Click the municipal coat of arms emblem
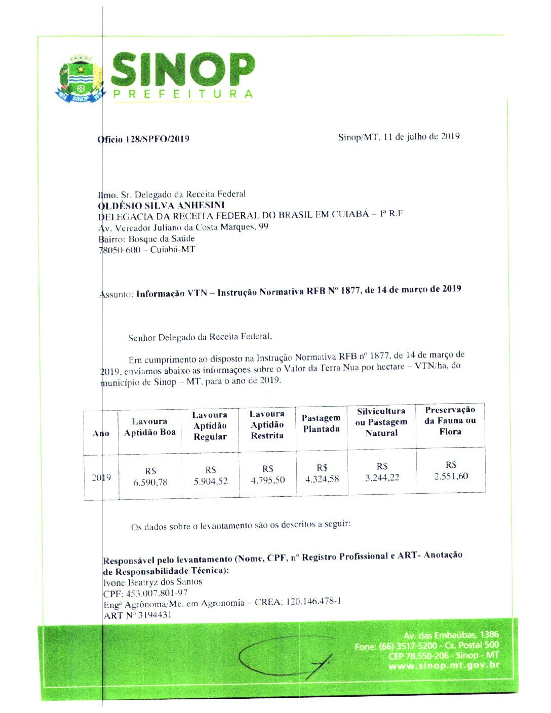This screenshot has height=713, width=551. tap(80, 79)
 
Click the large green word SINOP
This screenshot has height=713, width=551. tap(182, 69)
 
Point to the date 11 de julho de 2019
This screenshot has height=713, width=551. tap(421, 136)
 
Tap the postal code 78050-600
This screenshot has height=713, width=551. tap(120, 250)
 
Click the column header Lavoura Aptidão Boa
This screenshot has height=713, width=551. tap(149, 427)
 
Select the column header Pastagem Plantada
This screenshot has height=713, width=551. tap(321, 423)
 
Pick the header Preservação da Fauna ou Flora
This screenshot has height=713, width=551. tap(450, 420)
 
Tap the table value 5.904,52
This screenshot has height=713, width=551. tap(211, 481)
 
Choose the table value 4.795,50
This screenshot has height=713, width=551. tap(268, 480)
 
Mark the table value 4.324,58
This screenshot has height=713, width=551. tap(322, 479)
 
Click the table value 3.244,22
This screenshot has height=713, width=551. tap(382, 477)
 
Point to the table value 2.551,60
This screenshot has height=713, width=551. tap(451, 476)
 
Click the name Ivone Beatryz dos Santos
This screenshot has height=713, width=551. tap(152, 582)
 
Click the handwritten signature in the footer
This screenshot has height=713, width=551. tap(286, 657)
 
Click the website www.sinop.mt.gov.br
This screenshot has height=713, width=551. tap(444, 665)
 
